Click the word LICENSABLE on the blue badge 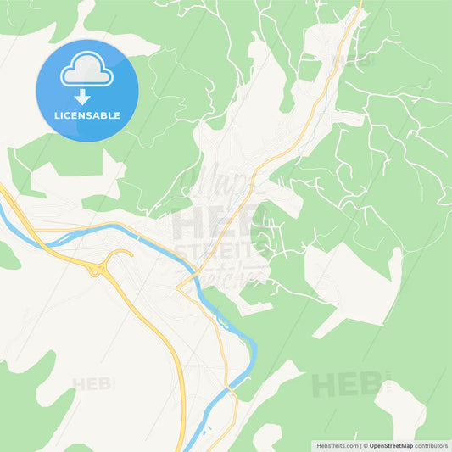(86, 114)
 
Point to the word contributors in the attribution (431, 445)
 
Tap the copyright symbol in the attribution (365, 445)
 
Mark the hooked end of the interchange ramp (129, 253)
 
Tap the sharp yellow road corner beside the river (177, 289)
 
